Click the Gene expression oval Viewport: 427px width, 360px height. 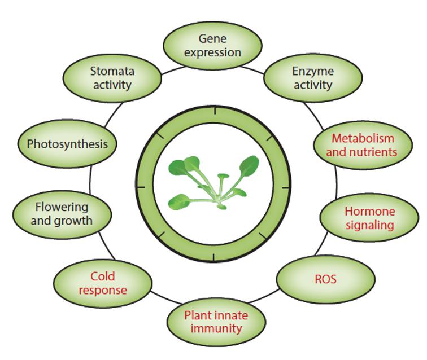tap(213, 46)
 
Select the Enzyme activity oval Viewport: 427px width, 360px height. tap(313, 78)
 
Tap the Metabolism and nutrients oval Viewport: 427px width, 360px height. tap(363, 146)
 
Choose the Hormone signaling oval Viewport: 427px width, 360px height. tap(369, 218)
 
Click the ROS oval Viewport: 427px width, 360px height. tap(326, 279)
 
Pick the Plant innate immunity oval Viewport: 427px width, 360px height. tap(216, 322)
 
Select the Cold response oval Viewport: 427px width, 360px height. tap(103, 283)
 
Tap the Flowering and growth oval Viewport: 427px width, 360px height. tap(62, 215)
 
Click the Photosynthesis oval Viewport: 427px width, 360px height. tap(67, 144)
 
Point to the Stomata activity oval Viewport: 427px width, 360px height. tap(112, 78)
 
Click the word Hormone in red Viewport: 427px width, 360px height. tap(370, 212)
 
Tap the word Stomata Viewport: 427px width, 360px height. tap(112, 71)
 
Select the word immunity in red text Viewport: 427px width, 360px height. tap(216, 329)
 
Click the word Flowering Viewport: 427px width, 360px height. tap(62, 208)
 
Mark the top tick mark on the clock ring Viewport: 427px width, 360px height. tap(215, 111)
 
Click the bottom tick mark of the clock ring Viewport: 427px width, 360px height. tap(213, 257)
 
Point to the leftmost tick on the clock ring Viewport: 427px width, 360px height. tap(141, 187)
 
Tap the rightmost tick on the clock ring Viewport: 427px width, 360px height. tap(286, 188)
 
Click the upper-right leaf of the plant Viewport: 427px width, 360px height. tap(249, 166)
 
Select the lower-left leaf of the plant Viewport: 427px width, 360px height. tap(178, 202)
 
